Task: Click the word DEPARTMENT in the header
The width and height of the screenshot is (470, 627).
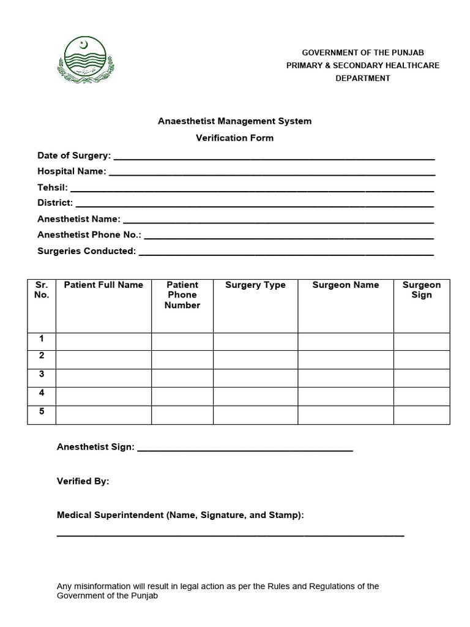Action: pos(363,78)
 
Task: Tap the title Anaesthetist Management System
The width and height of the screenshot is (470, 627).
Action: pos(234,121)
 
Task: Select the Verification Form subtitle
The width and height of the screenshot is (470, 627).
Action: pos(234,138)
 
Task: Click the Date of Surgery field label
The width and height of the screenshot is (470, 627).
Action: pos(74,156)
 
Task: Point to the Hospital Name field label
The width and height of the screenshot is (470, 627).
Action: pos(72,171)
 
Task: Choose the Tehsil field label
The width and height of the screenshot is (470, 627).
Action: pos(53,187)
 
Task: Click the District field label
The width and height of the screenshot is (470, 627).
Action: pos(55,203)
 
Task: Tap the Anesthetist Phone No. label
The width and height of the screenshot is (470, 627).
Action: pos(89,235)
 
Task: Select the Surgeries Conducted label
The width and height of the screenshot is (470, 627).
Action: pos(86,250)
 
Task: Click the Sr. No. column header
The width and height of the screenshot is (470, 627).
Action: pos(42,290)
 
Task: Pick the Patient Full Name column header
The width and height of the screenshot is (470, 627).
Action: pos(103,285)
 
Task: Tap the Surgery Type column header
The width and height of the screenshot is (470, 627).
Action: pos(255,285)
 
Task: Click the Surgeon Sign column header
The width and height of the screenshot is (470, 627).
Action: pos(422,290)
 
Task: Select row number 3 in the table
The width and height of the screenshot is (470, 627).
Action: pos(42,374)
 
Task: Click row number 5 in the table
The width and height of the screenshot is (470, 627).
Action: pos(42,411)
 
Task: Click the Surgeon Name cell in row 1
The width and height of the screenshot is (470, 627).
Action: pos(345,342)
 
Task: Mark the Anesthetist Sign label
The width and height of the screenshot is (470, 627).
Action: pos(95,447)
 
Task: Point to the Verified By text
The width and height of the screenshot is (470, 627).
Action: pos(83,481)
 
